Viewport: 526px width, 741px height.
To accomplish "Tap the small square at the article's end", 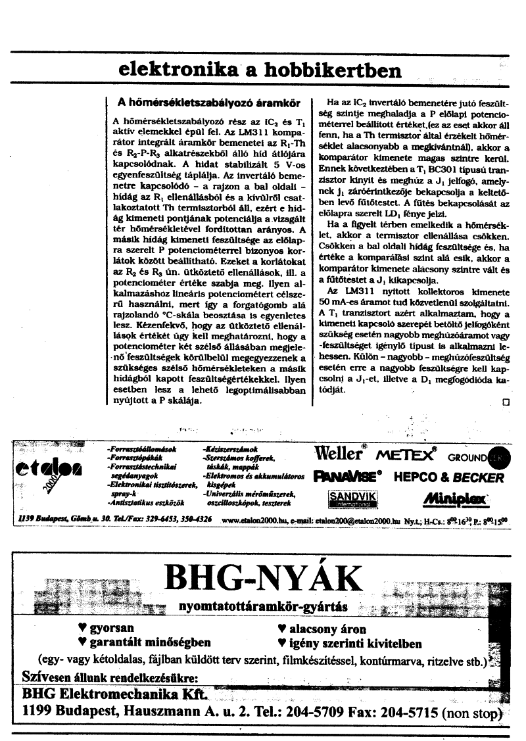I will coord(506,403).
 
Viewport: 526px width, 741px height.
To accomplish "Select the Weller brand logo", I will coord(339,453).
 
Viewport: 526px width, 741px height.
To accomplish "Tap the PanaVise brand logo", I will coord(348,476).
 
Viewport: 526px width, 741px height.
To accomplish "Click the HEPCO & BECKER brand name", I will coord(448,477).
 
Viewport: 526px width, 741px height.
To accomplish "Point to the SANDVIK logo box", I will coord(352,498).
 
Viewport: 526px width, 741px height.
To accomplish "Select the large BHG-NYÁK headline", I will coord(259,579).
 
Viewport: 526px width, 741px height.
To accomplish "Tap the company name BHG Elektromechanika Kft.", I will coord(115,694).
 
